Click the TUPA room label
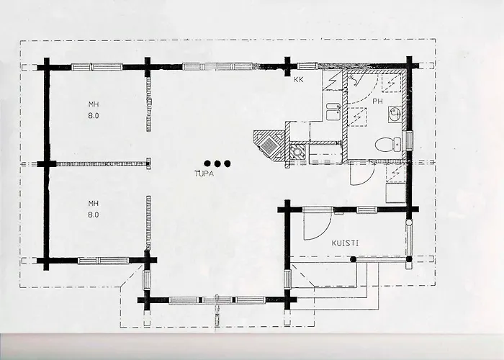click(x=204, y=174)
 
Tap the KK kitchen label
click(x=298, y=79)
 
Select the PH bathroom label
click(x=377, y=102)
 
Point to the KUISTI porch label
click(x=346, y=243)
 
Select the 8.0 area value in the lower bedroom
click(x=92, y=214)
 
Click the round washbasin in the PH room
click(x=394, y=112)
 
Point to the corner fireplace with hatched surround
click(x=267, y=144)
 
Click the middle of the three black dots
click(x=216, y=163)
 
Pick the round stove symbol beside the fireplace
click(x=295, y=152)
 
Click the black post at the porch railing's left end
click(x=352, y=259)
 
